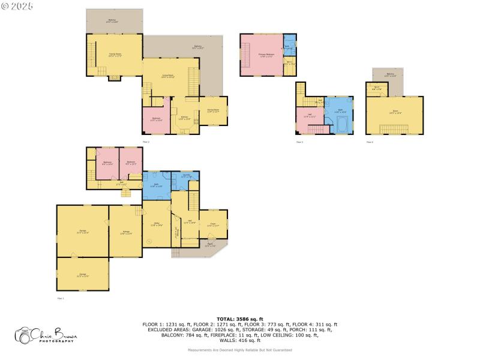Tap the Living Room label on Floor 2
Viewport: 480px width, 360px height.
coord(170,76)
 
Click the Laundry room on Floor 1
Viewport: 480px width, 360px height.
coord(185,176)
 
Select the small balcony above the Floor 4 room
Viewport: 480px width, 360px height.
coord(391,74)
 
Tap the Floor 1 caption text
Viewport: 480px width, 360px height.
coord(60,298)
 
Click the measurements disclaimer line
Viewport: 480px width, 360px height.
coord(239,350)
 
